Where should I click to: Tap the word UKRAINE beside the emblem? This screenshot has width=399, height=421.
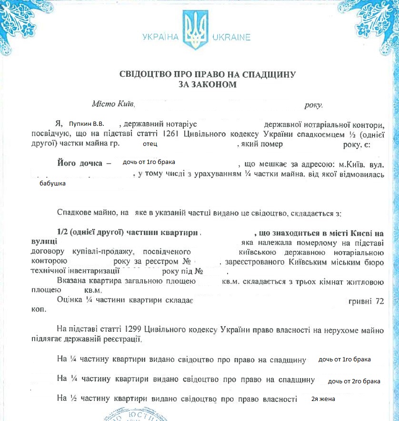(x=231, y=37)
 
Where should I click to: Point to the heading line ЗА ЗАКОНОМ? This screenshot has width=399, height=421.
(x=208, y=84)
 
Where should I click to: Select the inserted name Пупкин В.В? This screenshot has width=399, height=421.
(x=86, y=123)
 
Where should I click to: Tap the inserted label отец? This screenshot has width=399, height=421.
(x=150, y=144)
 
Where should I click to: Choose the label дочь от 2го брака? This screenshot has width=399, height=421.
(x=355, y=381)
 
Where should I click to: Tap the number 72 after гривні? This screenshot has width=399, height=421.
(x=379, y=301)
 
